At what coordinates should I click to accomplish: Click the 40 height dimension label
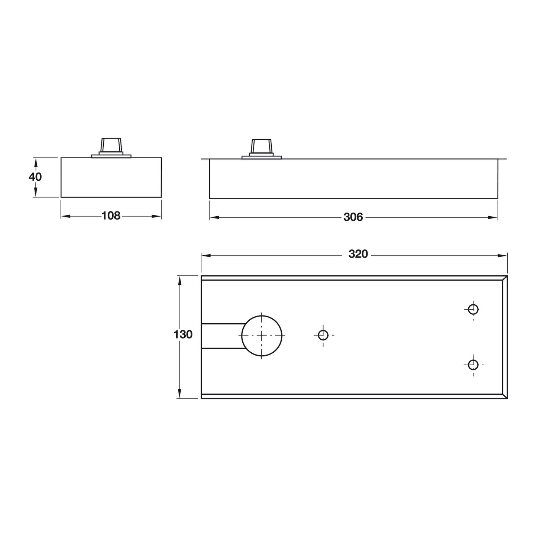(x=35, y=177)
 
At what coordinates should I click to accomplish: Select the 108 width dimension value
(x=111, y=216)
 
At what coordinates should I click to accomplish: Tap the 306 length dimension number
(x=353, y=217)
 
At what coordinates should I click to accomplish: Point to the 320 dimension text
(x=358, y=254)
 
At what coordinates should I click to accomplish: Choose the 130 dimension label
(x=183, y=335)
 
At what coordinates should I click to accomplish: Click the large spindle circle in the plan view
(x=262, y=335)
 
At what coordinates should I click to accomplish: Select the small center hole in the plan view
(x=323, y=335)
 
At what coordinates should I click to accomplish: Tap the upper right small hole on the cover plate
(x=473, y=309)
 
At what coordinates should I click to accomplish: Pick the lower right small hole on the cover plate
(x=473, y=365)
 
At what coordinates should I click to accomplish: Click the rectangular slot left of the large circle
(x=221, y=336)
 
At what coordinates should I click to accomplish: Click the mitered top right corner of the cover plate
(x=505, y=278)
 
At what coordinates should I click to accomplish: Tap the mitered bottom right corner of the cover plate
(x=505, y=396)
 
